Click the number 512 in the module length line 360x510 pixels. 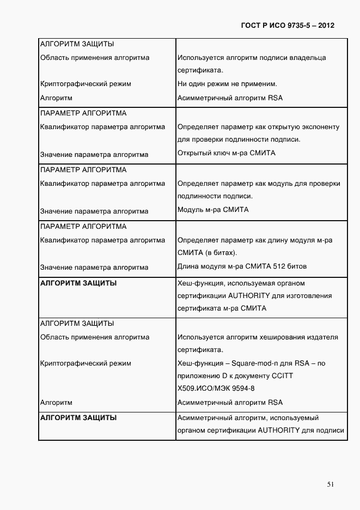click(280, 267)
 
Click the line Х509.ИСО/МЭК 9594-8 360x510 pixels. click(216, 388)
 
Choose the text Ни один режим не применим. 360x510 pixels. click(228, 84)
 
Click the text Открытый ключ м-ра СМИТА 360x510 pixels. click(227, 153)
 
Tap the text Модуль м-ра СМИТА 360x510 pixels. click(213, 210)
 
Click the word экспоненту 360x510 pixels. click(320, 127)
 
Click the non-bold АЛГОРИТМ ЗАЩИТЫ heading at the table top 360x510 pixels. click(77, 44)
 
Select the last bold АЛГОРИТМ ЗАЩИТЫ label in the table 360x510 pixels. click(78, 418)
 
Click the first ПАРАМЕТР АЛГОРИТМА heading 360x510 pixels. click(83, 113)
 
